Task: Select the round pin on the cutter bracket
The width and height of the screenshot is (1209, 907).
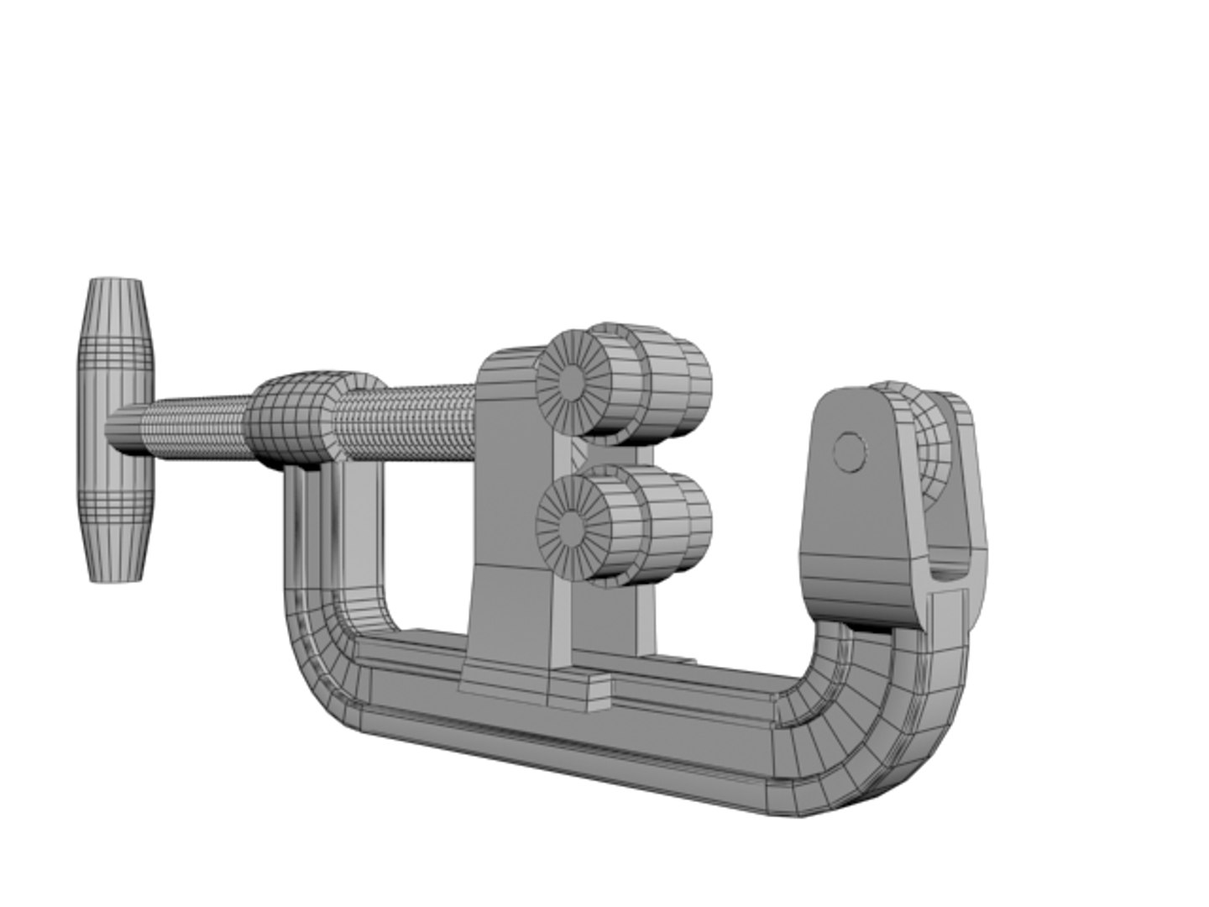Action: click(x=850, y=453)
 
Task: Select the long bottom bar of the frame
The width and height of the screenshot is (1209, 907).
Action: click(x=588, y=739)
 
